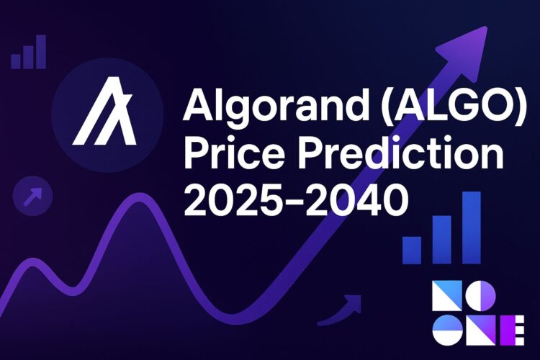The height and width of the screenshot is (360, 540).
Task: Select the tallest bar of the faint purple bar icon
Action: coord(41,51)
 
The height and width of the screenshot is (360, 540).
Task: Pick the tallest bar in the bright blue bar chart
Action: coord(471,228)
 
